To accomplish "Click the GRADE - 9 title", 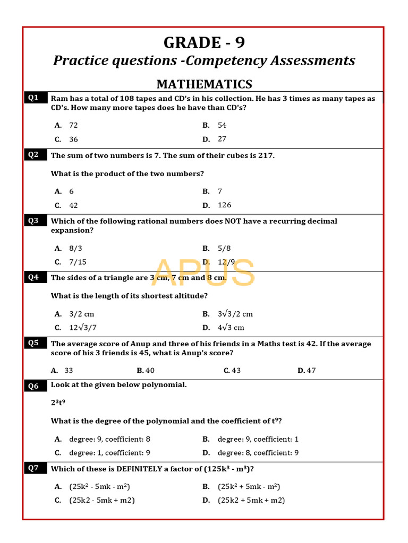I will click(x=204, y=42).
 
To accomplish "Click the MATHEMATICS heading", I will click(x=204, y=84).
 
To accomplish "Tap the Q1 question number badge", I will click(x=33, y=98).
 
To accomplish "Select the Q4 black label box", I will click(x=33, y=277).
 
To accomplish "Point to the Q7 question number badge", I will click(x=33, y=468).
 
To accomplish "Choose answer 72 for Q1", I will click(x=73, y=125).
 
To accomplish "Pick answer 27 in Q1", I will click(x=222, y=139).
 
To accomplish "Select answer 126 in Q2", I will click(x=224, y=205).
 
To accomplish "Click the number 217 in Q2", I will click(x=265, y=155).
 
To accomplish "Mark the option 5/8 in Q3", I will click(x=224, y=248).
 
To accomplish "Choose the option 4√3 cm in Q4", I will click(x=231, y=328).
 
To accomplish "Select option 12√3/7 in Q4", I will click(x=83, y=328).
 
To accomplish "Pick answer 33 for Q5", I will click(x=69, y=371).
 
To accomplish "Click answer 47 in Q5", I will click(x=311, y=371).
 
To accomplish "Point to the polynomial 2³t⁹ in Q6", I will click(x=58, y=403).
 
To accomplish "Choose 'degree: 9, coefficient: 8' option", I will click(x=109, y=439).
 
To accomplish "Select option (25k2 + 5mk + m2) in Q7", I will click(x=251, y=500).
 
